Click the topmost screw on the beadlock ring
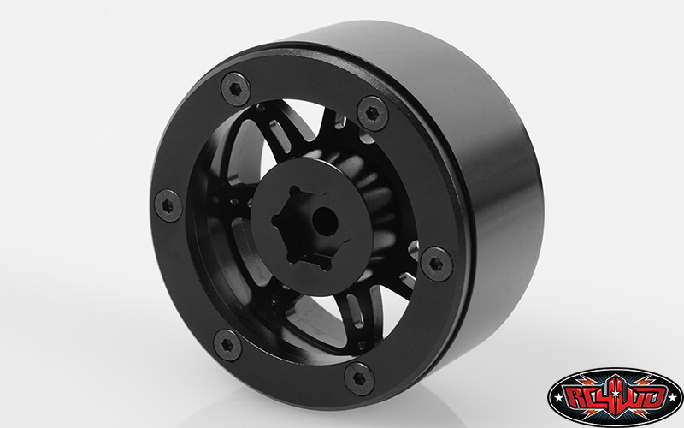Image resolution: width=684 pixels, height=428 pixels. (236, 86)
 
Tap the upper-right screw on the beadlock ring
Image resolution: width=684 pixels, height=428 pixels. (373, 111)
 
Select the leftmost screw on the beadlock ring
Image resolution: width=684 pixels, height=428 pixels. (168, 205)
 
